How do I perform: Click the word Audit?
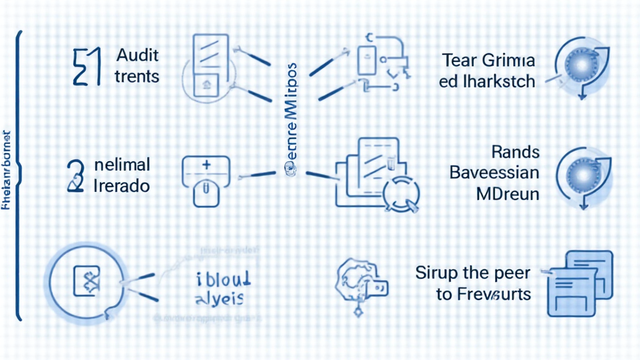tap(137, 55)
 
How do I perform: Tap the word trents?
tap(137, 77)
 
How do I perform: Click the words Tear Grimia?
tap(489, 61)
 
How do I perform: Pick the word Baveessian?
tap(494, 172)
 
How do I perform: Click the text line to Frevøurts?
tap(483, 294)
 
